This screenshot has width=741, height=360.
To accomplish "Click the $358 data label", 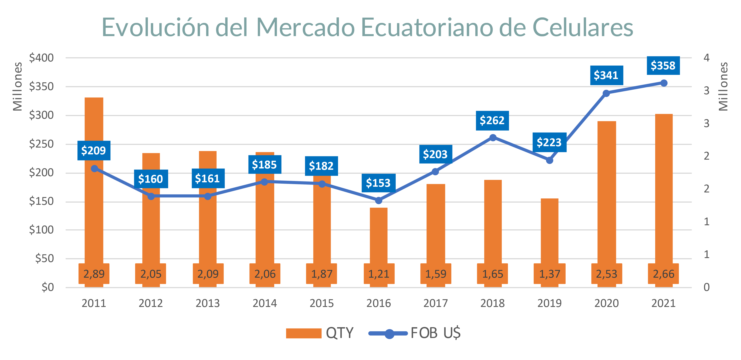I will click(663, 66).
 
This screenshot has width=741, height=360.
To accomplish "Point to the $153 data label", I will click(378, 183).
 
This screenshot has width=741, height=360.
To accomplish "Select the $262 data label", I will click(492, 120).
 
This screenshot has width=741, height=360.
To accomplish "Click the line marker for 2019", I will click(549, 160).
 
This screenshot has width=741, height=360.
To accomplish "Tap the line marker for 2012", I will click(151, 196).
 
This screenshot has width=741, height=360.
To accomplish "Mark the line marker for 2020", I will click(606, 93).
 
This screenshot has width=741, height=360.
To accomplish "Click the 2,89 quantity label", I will click(94, 274).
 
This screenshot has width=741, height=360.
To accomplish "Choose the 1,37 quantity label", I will click(549, 274).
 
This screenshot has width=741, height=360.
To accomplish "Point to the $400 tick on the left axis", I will click(41, 58).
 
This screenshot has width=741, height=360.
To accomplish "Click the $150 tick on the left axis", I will click(41, 201).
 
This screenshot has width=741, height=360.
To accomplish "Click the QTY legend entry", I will click(319, 333).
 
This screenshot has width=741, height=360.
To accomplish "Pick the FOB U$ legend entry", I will click(414, 333).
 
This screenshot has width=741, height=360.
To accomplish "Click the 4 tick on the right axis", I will click(706, 58).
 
